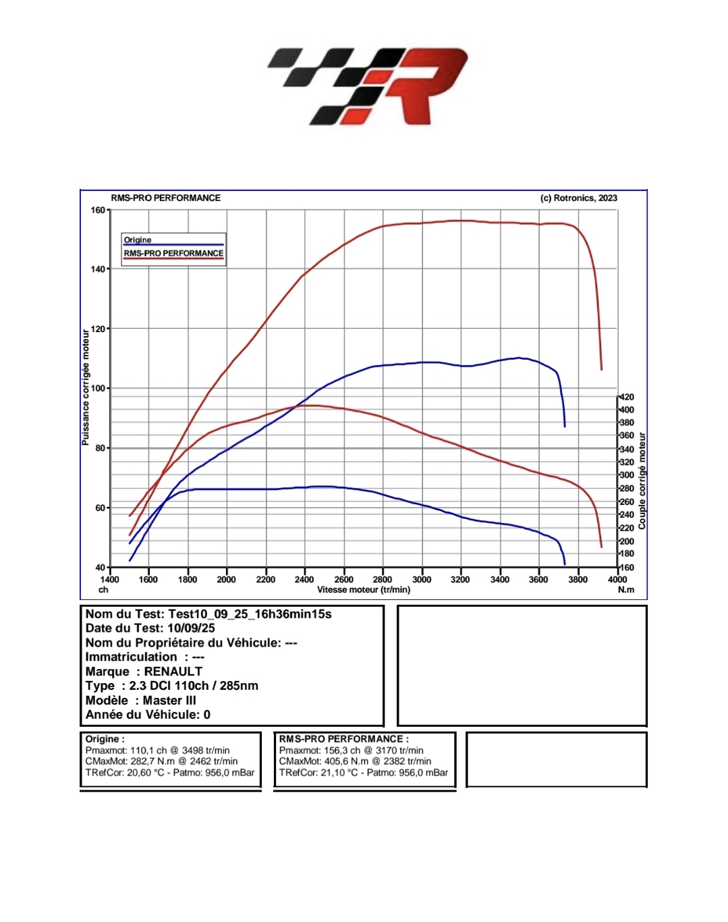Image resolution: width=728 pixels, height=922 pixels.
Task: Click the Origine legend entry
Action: [138, 240]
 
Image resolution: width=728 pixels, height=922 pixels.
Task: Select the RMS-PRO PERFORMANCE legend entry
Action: [173, 253]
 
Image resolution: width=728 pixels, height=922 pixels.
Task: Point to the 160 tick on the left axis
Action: [98, 210]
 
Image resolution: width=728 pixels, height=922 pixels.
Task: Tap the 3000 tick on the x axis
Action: [422, 579]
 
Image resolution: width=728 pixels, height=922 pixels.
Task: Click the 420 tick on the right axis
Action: [627, 397]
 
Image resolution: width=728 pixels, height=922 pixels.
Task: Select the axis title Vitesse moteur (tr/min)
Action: [364, 590]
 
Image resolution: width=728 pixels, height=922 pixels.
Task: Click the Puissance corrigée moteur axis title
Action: [86, 387]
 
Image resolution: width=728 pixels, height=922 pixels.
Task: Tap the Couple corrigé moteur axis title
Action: [642, 481]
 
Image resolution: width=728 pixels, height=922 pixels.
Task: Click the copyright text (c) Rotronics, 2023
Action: [579, 198]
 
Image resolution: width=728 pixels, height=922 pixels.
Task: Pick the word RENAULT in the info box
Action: [173, 672]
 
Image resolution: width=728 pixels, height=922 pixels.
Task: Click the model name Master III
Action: [169, 701]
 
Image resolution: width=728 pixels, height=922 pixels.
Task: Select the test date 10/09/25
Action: [191, 628]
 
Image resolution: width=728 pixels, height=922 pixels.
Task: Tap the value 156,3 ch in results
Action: [342, 751]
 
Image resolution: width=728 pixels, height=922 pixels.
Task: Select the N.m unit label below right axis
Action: [626, 590]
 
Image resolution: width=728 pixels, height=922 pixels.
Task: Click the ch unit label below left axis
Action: [103, 590]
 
